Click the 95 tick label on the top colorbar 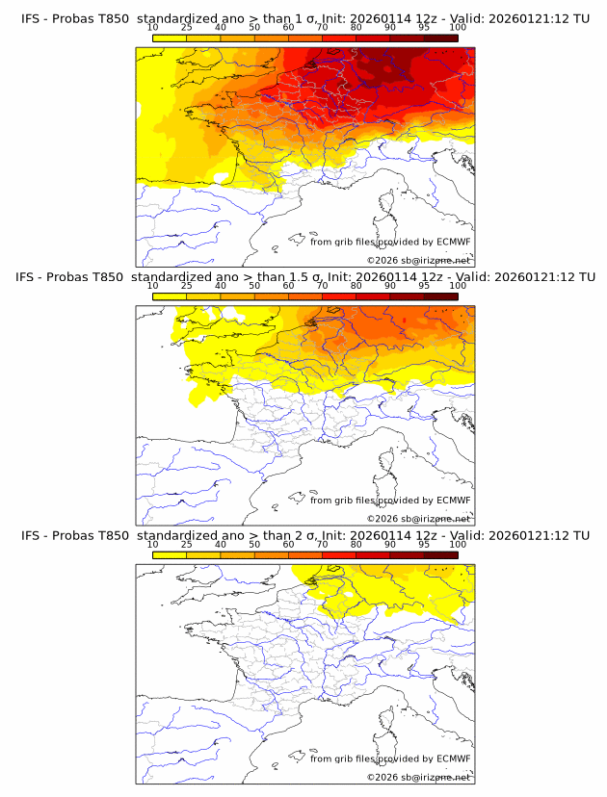click(424, 27)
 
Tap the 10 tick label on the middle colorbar click(153, 285)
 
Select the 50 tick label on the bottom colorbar click(254, 544)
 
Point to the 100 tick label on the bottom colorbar click(458, 544)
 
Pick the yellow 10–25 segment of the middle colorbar click(170, 296)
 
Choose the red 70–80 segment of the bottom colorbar click(339, 554)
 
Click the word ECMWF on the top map click(453, 242)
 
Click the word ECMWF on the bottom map click(453, 758)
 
